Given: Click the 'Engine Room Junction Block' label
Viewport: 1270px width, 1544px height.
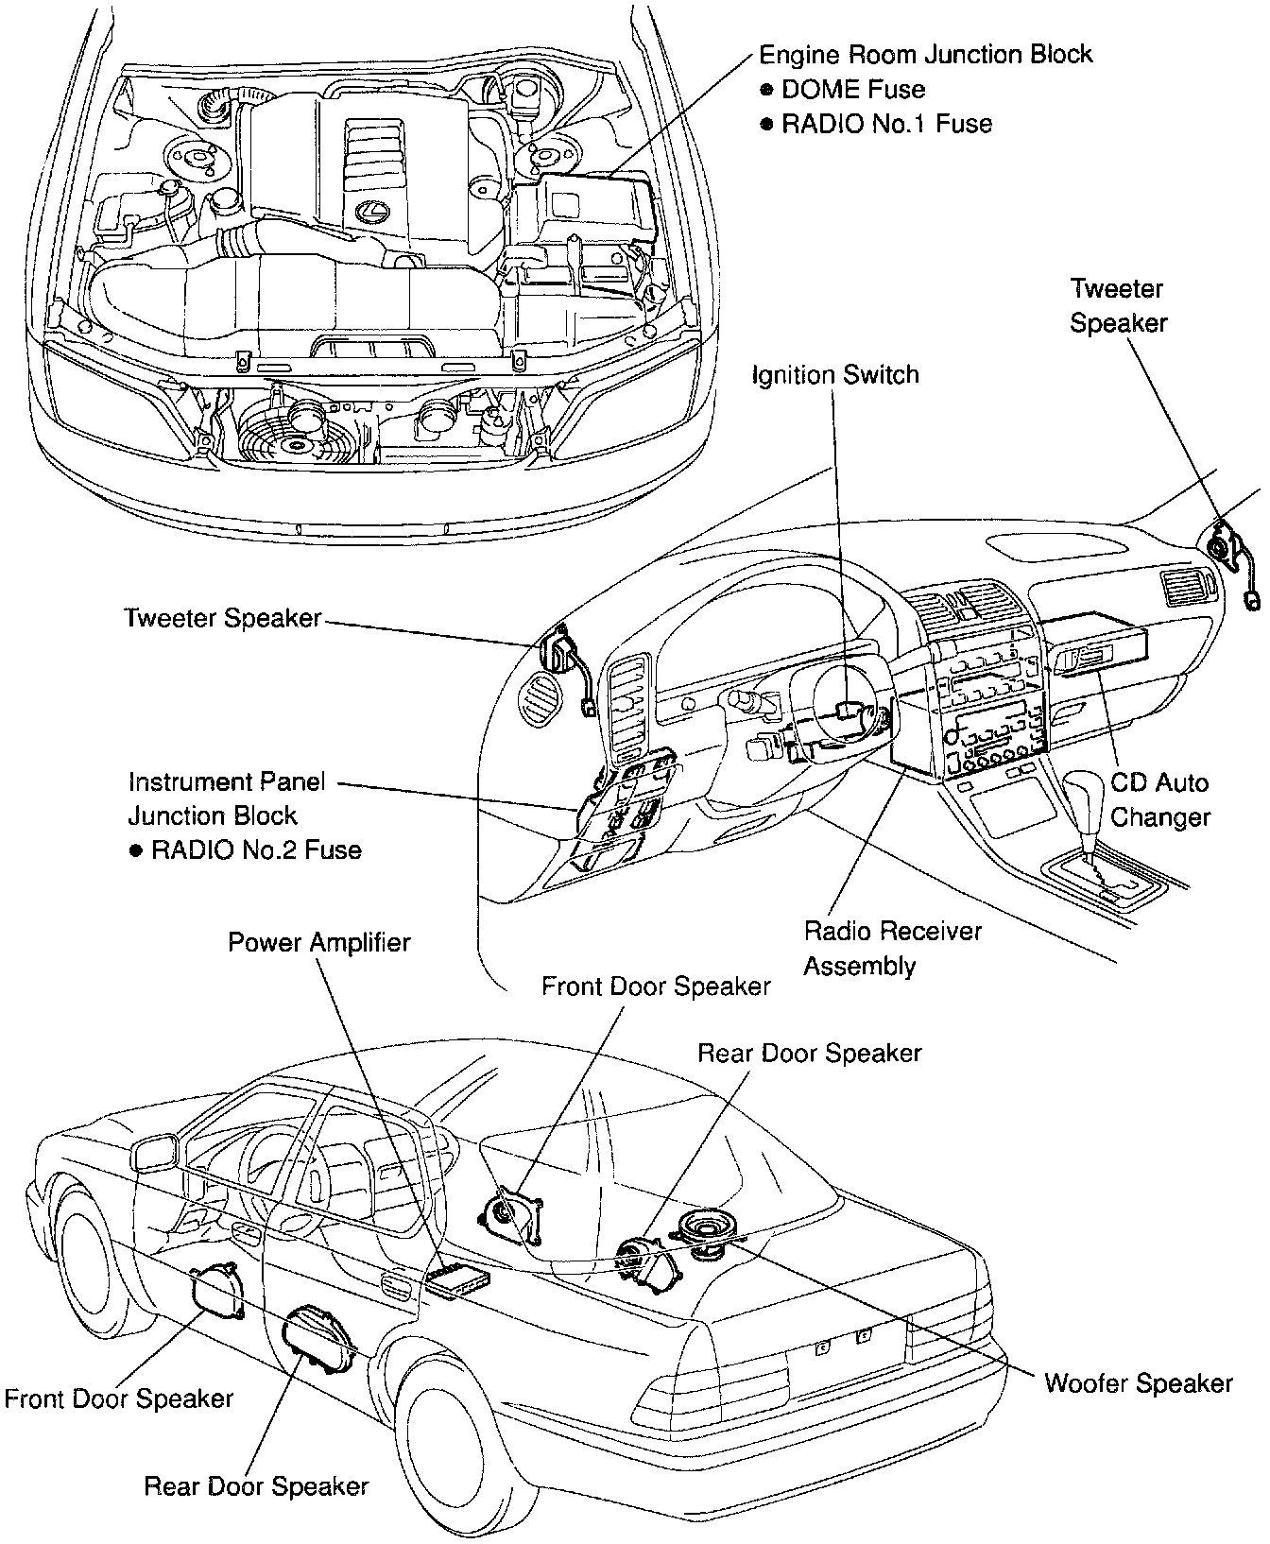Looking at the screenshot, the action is [926, 55].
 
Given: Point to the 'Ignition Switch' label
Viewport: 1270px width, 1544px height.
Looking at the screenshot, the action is [835, 375].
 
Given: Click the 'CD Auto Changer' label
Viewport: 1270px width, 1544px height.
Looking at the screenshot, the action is [1159, 799].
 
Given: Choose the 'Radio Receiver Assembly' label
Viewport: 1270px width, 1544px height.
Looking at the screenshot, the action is [892, 949].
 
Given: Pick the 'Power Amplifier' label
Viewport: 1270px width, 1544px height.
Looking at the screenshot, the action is [319, 943].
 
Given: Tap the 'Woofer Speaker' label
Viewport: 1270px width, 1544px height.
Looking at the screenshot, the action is [1139, 1383].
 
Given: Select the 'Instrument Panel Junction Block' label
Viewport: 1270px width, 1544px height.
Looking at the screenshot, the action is [227, 798].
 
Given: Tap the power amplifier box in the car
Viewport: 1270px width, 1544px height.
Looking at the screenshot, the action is [458, 1278].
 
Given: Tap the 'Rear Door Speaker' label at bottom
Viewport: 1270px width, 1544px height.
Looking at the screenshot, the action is [255, 1485].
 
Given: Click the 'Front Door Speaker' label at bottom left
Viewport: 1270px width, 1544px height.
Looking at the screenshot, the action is [118, 1398].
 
